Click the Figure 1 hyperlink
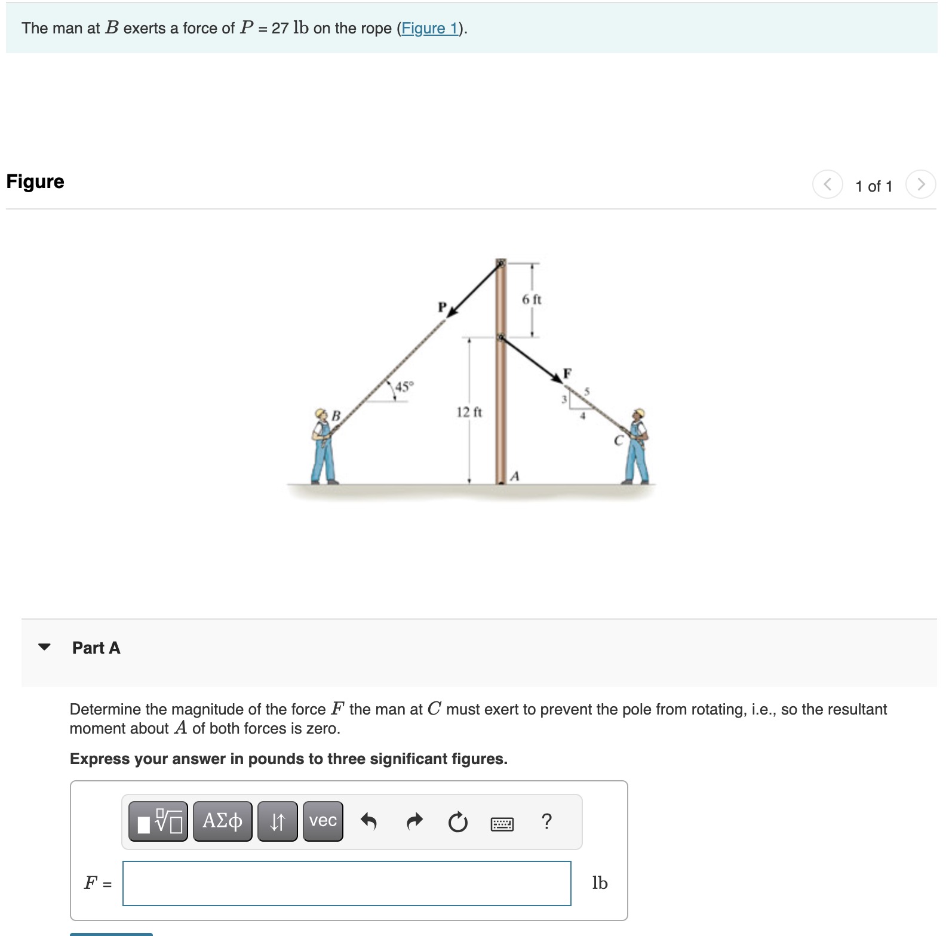[x=429, y=28]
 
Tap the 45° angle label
[x=404, y=386]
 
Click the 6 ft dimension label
[x=531, y=299]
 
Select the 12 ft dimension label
[x=469, y=412]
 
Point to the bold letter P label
[x=442, y=307]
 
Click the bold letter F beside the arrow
[x=567, y=373]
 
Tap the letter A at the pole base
[x=515, y=476]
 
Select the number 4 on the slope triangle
[x=583, y=415]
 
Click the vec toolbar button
[x=322, y=821]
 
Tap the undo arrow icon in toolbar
[x=368, y=822]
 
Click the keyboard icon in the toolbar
[x=502, y=824]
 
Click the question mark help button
[x=546, y=821]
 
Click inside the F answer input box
[x=346, y=883]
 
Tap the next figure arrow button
[x=920, y=184]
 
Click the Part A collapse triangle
[x=44, y=646]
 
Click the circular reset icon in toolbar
[x=457, y=822]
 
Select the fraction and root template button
[x=158, y=821]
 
